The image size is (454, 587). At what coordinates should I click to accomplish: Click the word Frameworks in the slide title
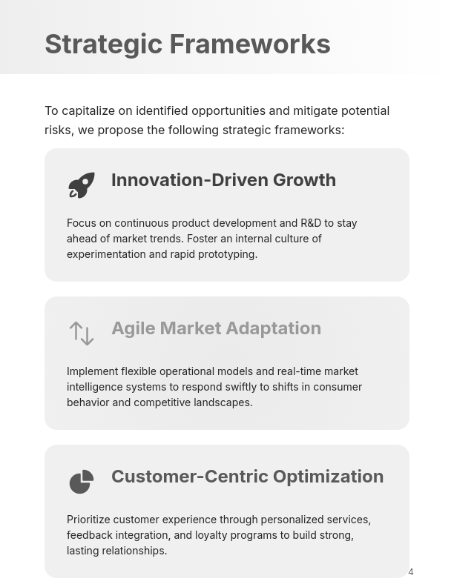(250, 44)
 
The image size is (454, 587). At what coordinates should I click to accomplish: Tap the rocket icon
(82, 185)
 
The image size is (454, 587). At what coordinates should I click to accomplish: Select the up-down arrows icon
(82, 334)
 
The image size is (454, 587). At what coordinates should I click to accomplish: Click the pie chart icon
(82, 482)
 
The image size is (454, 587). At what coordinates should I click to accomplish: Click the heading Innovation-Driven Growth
(223, 180)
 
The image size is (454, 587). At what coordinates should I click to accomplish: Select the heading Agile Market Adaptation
(216, 328)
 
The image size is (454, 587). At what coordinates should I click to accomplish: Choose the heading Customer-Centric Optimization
(247, 477)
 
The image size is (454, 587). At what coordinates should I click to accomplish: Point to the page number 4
(411, 572)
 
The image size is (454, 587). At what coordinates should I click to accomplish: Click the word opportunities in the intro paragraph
(228, 111)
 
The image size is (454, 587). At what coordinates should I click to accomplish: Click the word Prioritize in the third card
(88, 520)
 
